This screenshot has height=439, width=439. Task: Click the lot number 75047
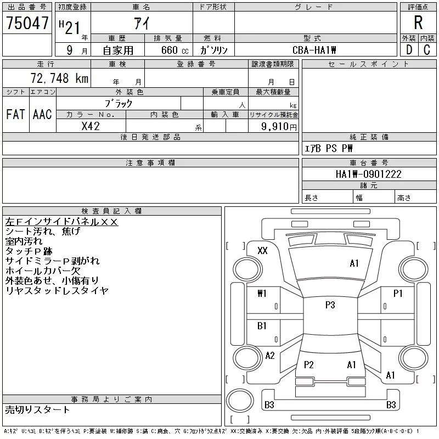coord(27,23)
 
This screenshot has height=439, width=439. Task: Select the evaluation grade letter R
coord(418,22)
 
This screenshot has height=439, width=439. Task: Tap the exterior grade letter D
coord(409,50)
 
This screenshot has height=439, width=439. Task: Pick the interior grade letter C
coord(427,50)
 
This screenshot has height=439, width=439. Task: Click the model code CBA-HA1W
coord(314,50)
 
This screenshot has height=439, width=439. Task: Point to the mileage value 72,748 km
coord(60,78)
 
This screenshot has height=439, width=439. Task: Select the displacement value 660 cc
coord(175,50)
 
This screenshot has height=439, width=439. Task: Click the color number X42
coord(91,126)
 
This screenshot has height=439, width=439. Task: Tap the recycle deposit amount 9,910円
coord(279,127)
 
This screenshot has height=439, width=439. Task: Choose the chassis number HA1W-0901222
coord(368,174)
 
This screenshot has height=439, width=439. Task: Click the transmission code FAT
coord(15,114)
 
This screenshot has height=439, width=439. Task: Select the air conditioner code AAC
coord(42,114)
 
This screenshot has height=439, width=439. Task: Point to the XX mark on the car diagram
coord(262,251)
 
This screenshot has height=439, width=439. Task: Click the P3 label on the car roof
coord(330,305)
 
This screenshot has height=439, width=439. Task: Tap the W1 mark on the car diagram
coord(262,294)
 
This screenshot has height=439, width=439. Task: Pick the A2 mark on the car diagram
coord(270,356)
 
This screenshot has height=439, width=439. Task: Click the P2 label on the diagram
coord(308,364)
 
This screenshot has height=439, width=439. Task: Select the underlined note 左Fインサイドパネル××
coord(61,222)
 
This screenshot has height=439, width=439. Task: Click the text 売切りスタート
coord(37,409)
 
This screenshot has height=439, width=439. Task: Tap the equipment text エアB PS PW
coord(328,148)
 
